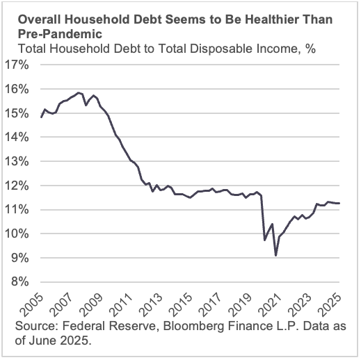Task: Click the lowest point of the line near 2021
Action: [x=276, y=256]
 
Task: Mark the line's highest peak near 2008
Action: [x=77, y=92]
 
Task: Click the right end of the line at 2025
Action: [x=339, y=203]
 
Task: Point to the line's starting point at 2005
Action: [x=41, y=117]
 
